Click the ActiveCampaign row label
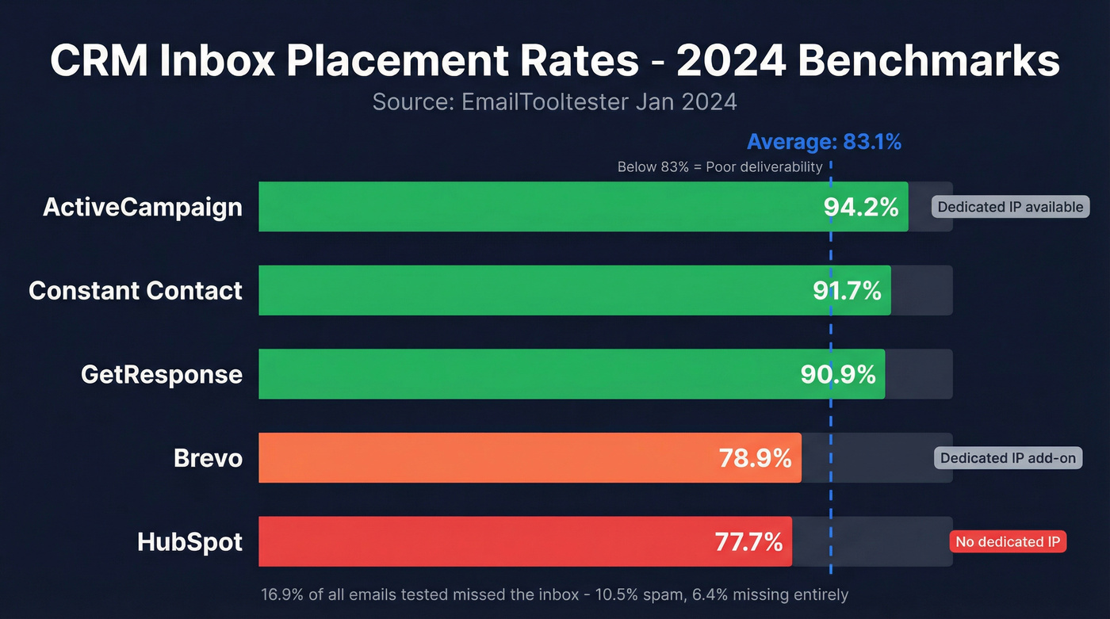click(143, 207)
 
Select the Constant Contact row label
click(136, 290)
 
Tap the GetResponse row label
click(162, 373)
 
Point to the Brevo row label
click(208, 457)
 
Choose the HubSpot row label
click(189, 541)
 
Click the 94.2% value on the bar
click(861, 207)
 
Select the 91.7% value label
click(847, 290)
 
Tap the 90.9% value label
click(838, 373)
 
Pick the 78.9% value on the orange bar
click(755, 457)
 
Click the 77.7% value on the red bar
click(748, 541)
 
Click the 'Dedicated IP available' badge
click(1010, 207)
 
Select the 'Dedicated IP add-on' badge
click(1008, 458)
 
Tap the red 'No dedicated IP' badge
click(1008, 542)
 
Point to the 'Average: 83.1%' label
click(824, 142)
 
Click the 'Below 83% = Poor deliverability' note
click(720, 167)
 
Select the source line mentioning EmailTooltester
click(554, 102)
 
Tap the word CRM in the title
click(98, 60)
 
